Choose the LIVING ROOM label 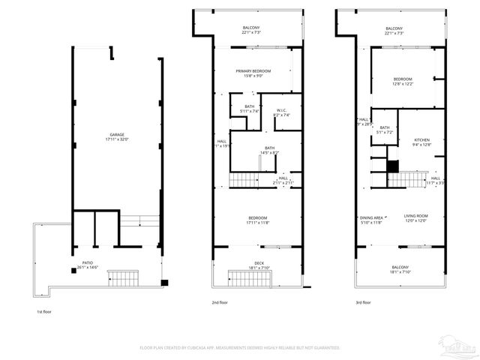click(415, 217)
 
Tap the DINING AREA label click(371, 217)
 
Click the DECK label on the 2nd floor click(259, 263)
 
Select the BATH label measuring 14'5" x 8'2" click(268, 148)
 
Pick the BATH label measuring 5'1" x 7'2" click(384, 128)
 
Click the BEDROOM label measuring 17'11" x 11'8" click(257, 218)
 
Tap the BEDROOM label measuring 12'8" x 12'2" click(403, 79)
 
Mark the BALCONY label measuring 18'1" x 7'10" click(400, 268)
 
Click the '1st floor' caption click(44, 311)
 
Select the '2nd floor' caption click(219, 303)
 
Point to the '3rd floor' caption click(364, 303)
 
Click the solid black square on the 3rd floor click(391, 166)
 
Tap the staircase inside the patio click(121, 278)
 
